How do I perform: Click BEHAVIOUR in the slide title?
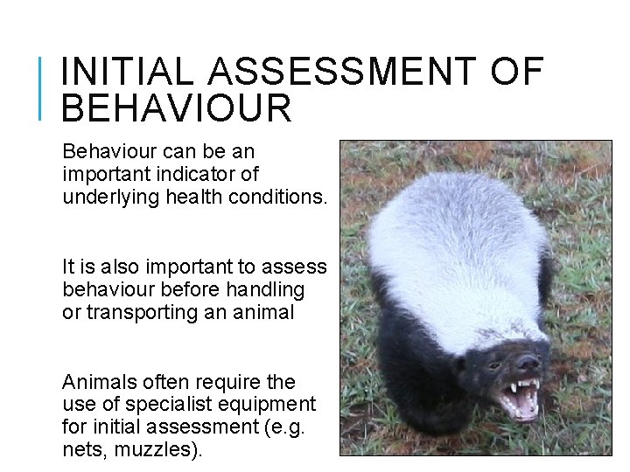point(178,108)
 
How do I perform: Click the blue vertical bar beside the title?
point(43,87)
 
